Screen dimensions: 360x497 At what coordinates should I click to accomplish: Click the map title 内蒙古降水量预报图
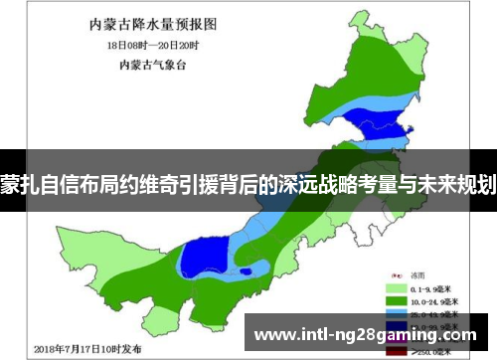tap(160, 23)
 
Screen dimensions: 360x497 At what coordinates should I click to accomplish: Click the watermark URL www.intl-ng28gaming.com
tap(367, 335)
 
